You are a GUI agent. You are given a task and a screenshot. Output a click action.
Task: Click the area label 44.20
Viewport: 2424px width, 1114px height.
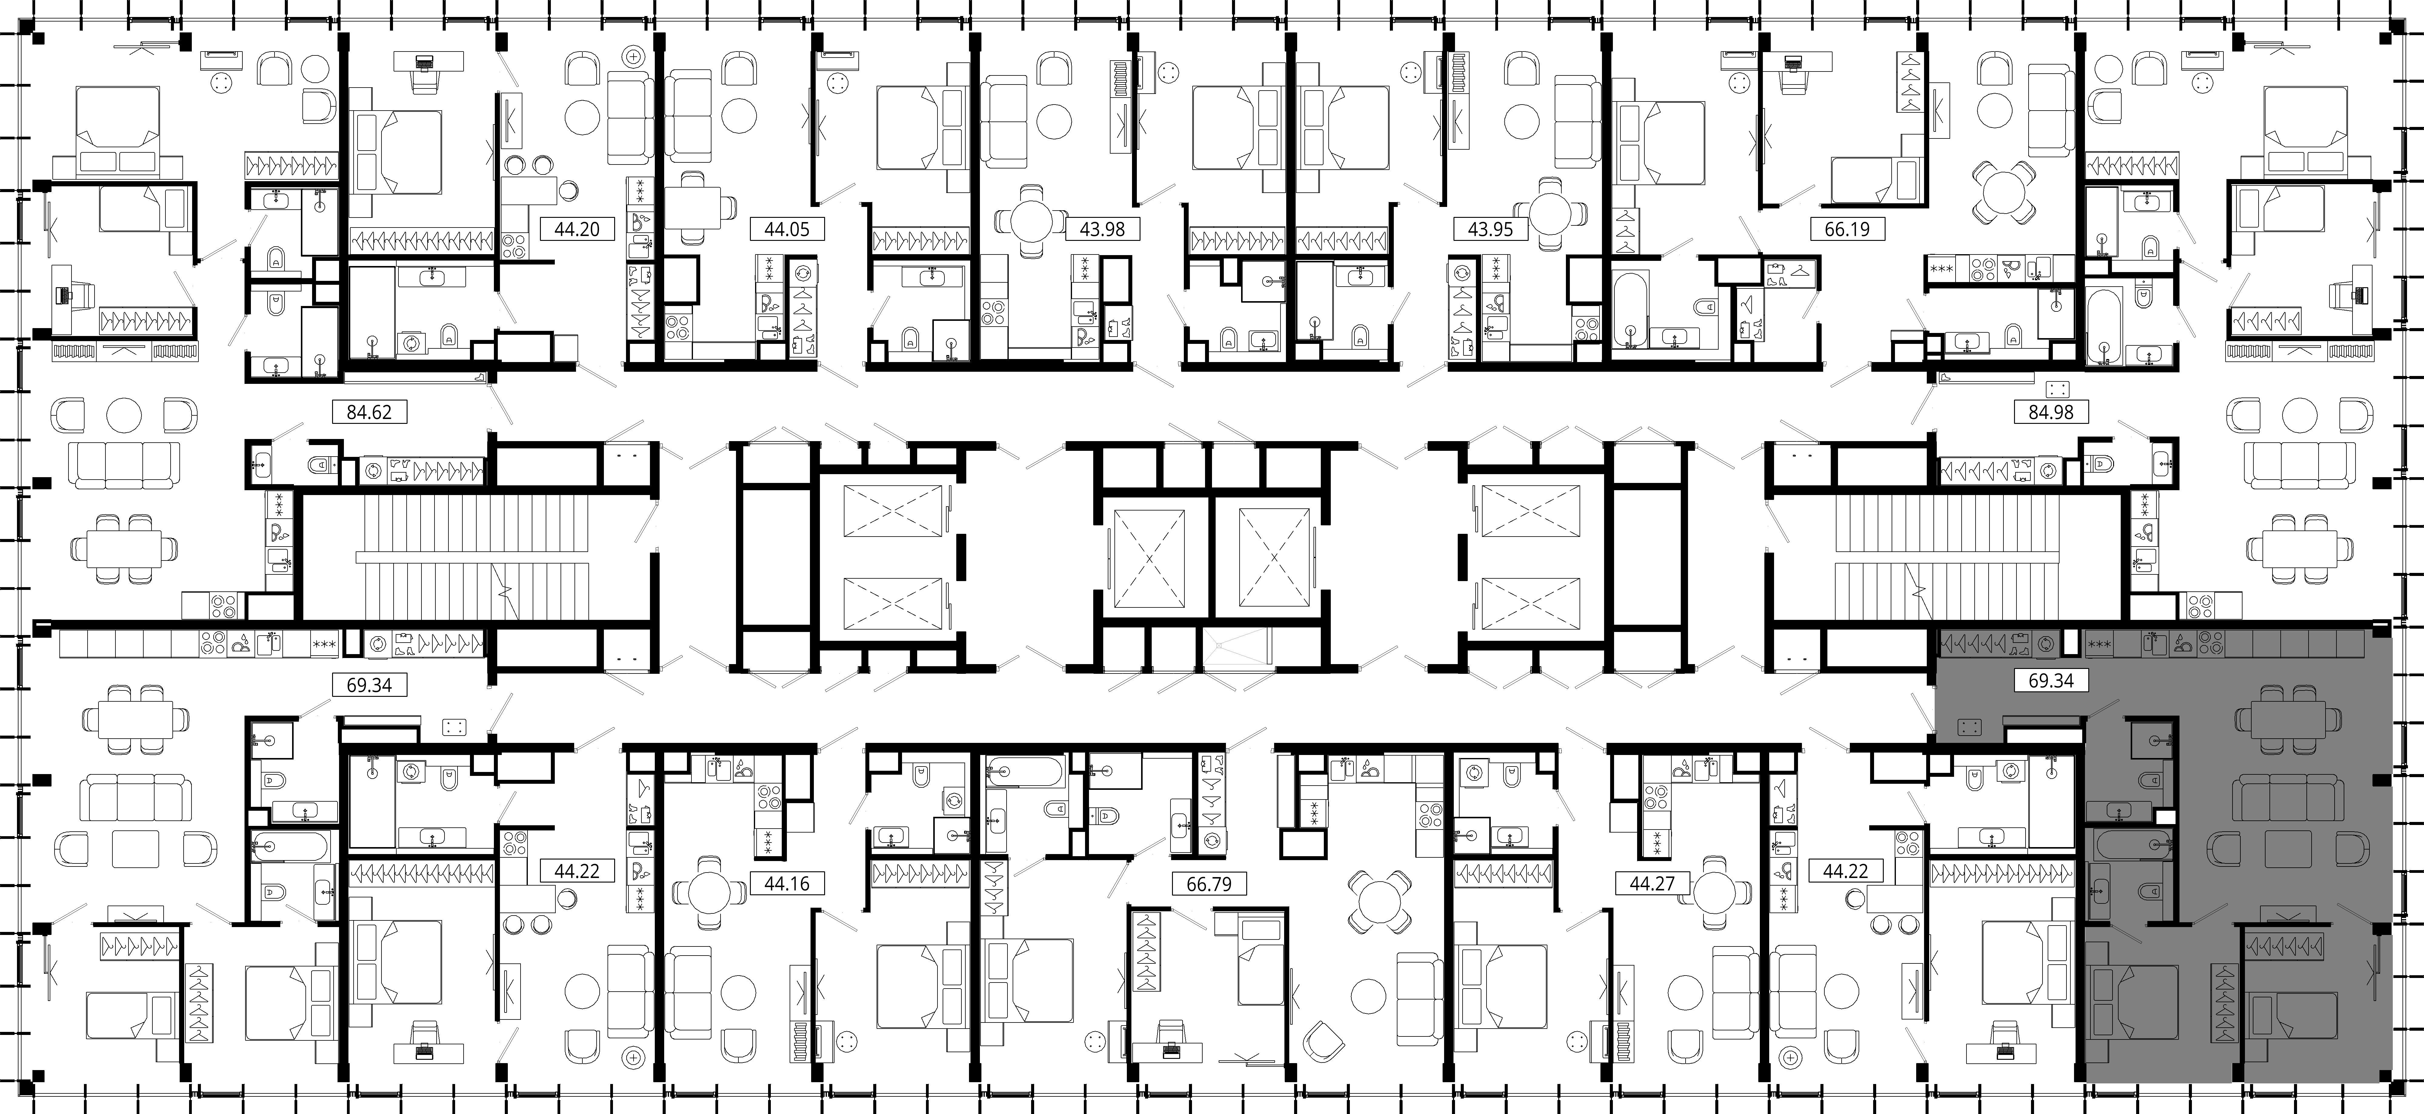577,229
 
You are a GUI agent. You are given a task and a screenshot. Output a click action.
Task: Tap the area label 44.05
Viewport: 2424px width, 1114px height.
787,229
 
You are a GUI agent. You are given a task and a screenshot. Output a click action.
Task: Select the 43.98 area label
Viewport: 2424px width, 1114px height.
1102,229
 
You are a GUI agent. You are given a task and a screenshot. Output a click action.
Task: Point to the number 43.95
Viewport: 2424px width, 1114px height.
1490,229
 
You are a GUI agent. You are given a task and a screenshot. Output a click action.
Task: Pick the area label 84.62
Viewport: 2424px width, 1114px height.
369,412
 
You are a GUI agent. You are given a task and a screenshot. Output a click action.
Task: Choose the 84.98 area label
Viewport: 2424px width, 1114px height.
2050,412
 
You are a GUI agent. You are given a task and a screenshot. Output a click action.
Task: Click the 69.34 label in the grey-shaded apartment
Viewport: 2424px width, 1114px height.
2050,680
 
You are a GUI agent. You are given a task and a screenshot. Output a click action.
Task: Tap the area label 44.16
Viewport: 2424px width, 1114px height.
787,883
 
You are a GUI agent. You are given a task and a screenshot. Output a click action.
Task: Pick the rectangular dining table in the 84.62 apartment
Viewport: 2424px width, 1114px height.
123,547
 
